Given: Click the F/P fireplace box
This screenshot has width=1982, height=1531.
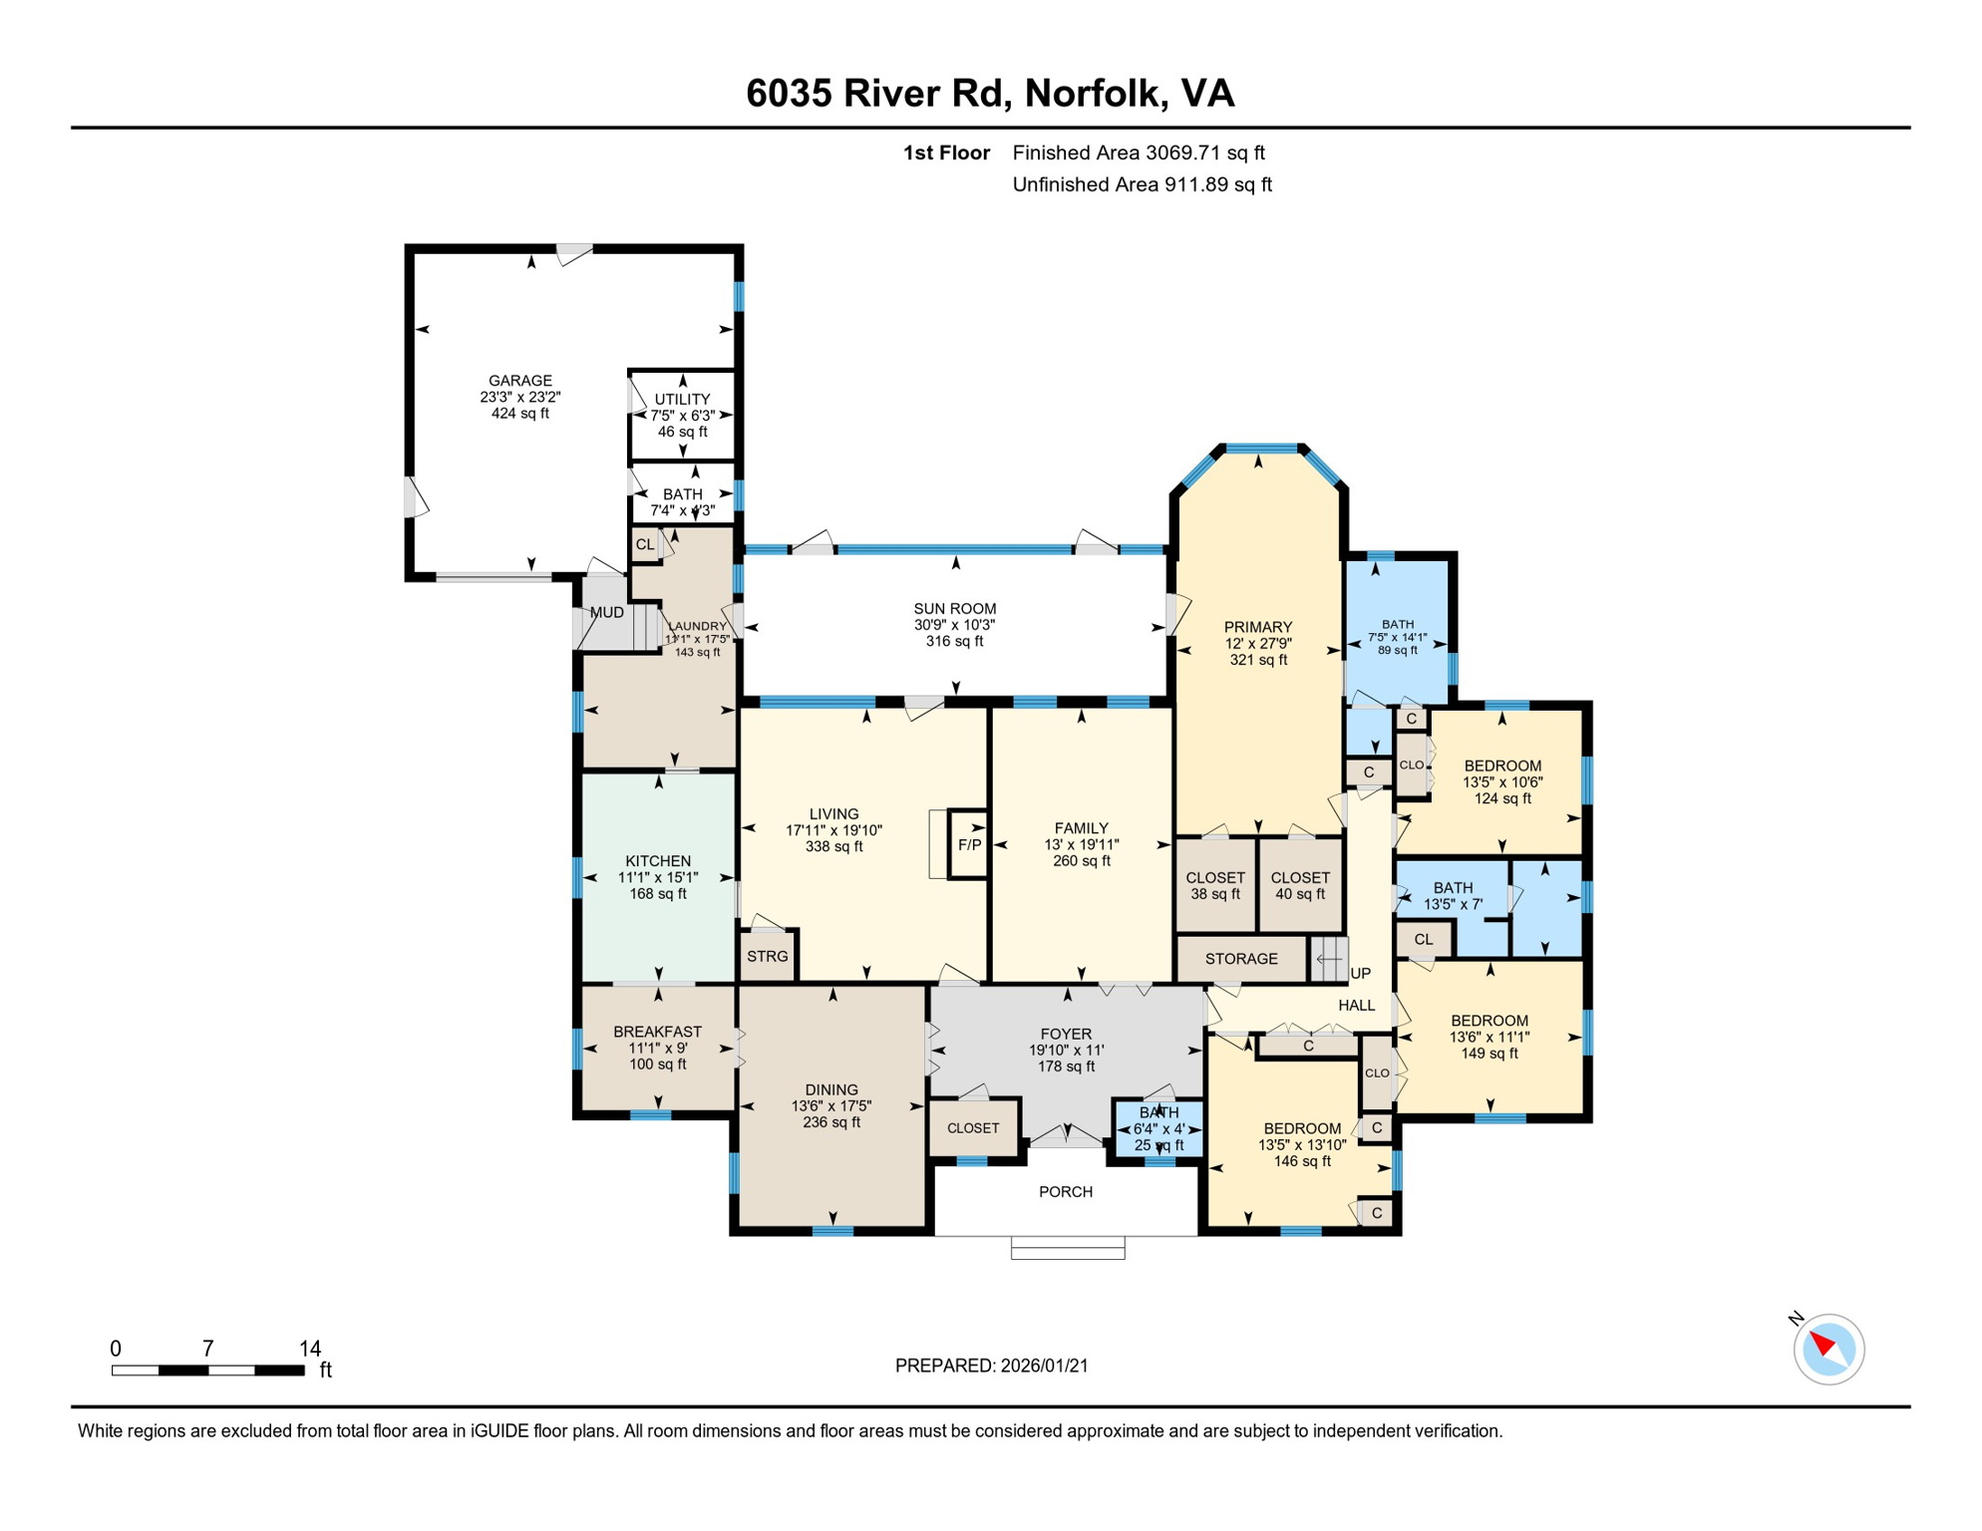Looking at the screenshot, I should click(x=969, y=844).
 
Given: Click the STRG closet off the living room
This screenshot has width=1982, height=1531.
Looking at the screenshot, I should click(x=767, y=957).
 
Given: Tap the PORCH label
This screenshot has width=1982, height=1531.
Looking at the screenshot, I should click(x=1065, y=1192).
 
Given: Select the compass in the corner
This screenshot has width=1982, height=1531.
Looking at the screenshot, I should click(x=1828, y=1350).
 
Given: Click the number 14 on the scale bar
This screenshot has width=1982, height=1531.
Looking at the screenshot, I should click(x=310, y=1349).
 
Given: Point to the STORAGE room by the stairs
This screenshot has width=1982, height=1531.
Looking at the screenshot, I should click(x=1240, y=959).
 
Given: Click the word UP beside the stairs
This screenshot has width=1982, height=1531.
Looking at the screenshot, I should click(x=1360, y=974).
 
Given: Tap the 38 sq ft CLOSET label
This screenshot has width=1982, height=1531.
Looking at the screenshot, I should click(x=1214, y=885).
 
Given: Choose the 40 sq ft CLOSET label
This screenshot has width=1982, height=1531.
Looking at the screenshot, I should click(x=1299, y=885).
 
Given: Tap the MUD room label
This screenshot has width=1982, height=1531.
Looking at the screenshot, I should click(x=606, y=613).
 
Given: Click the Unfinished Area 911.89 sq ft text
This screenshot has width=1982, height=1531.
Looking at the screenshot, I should click(x=1142, y=184).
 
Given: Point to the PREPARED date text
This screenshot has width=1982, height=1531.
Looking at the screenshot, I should click(x=991, y=1366).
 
